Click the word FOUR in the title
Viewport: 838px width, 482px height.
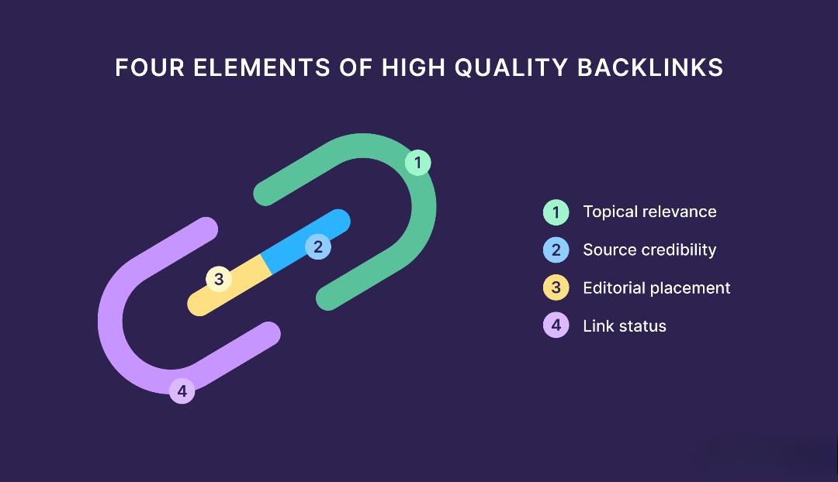point(150,67)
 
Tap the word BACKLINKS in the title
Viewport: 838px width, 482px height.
point(650,67)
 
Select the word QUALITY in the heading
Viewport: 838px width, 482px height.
point(511,68)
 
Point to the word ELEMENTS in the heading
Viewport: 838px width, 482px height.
point(262,67)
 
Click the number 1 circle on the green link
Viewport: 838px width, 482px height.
point(418,162)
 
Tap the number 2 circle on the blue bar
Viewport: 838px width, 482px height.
point(318,246)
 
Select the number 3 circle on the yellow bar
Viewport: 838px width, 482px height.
point(219,279)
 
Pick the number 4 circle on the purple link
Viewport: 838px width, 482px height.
point(182,391)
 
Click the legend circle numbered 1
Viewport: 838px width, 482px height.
point(556,212)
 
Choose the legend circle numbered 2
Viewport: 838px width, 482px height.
point(556,250)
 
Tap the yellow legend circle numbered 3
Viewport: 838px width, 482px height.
point(556,287)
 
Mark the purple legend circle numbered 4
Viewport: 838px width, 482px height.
point(556,325)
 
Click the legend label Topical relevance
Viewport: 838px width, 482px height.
point(649,212)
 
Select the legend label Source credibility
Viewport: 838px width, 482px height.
point(649,250)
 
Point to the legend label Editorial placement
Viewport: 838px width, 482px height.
point(656,288)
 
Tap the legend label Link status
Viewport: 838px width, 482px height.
point(624,326)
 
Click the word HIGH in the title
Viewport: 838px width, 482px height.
point(413,67)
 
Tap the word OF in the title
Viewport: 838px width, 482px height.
point(356,67)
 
